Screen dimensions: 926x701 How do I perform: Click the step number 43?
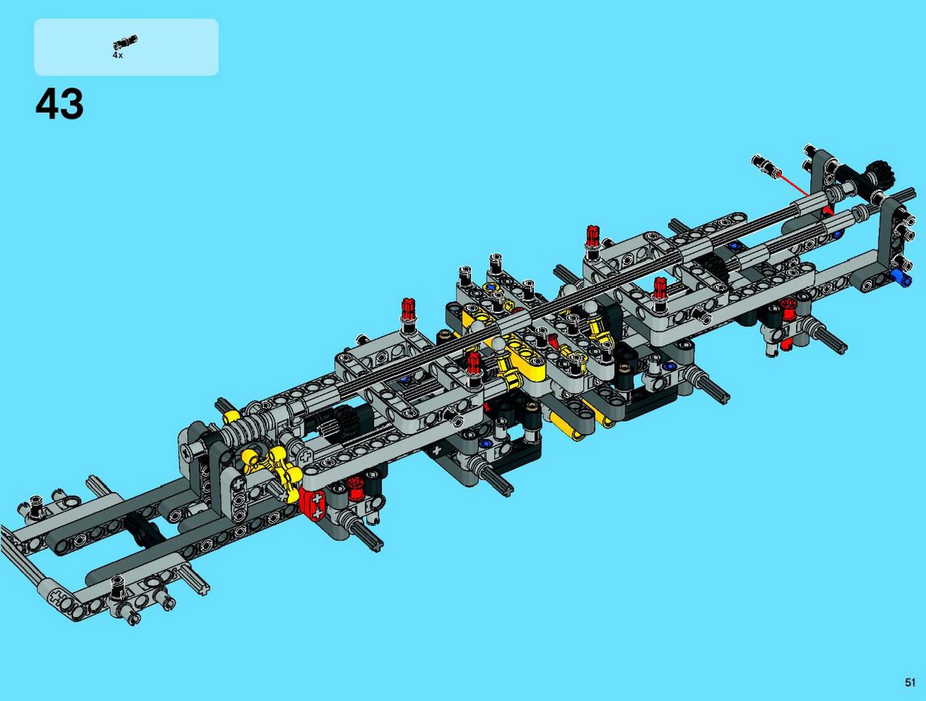coord(59,103)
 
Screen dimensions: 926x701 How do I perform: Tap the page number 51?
coord(910,682)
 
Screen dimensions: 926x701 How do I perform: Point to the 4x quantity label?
coord(117,55)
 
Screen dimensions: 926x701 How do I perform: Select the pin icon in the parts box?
coord(125,42)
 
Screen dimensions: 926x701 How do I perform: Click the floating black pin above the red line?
coord(766,165)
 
